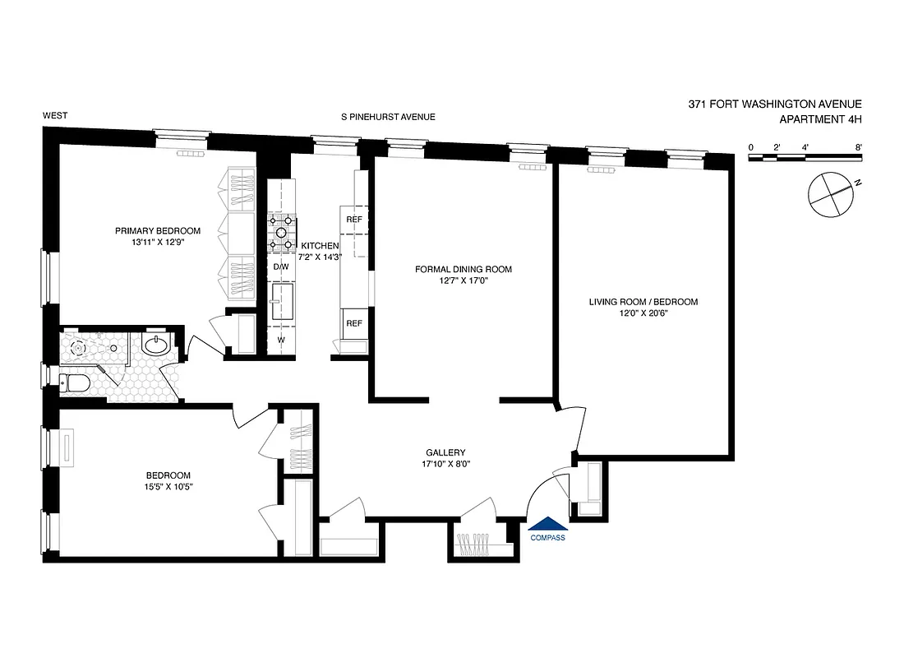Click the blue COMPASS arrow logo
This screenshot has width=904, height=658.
547,524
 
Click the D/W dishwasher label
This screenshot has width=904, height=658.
281,267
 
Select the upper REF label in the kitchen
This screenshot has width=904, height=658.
354,220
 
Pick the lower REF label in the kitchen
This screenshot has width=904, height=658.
354,323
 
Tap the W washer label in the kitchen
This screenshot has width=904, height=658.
281,340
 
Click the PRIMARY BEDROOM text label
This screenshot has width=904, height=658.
157,230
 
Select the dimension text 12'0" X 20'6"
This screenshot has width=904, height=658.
643,314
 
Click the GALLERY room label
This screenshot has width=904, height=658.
445,452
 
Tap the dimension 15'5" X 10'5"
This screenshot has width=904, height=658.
168,487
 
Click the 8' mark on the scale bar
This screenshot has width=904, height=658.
857,146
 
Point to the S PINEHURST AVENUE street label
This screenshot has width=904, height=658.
388,118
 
